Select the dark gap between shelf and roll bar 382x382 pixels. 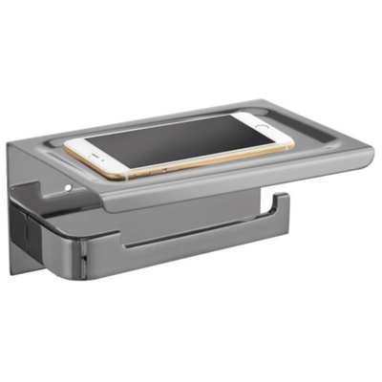pyautogui.click(x=191, y=212)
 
